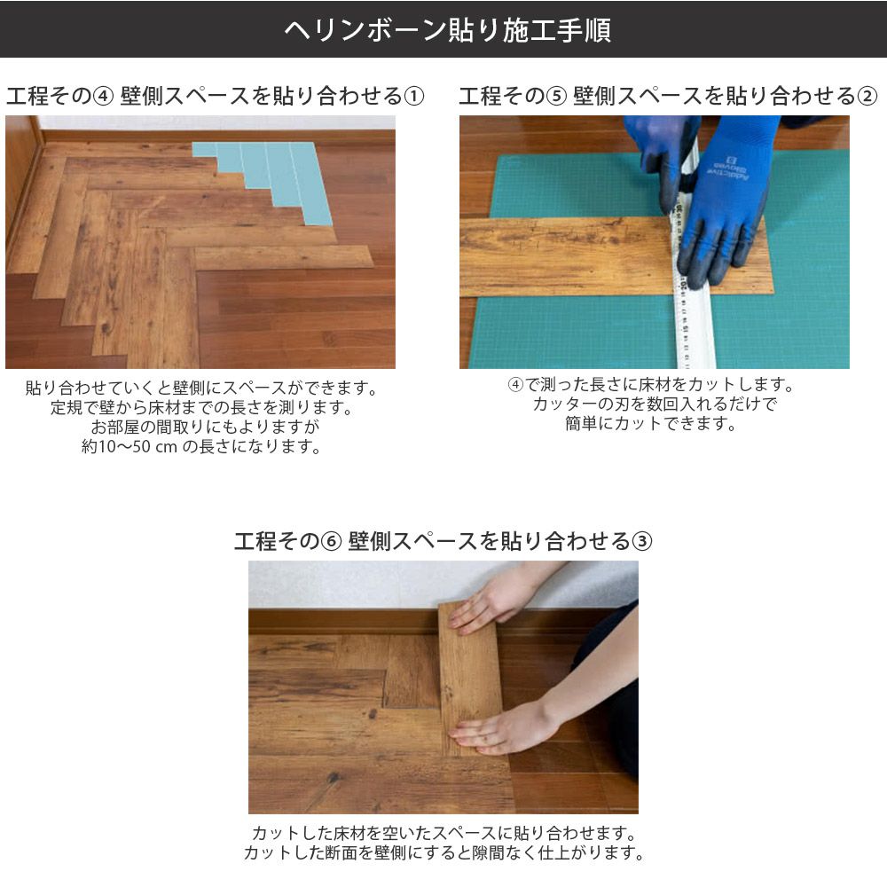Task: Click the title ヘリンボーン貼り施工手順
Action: click(447, 30)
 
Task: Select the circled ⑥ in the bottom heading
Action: click(330, 541)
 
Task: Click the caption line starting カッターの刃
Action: click(655, 404)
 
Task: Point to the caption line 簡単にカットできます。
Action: click(650, 423)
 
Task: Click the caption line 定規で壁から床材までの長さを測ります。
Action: click(202, 407)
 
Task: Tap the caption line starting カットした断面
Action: click(444, 852)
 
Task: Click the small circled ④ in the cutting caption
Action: click(515, 385)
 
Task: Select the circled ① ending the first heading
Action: click(413, 96)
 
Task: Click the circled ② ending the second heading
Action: click(867, 96)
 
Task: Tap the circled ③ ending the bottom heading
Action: click(641, 541)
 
